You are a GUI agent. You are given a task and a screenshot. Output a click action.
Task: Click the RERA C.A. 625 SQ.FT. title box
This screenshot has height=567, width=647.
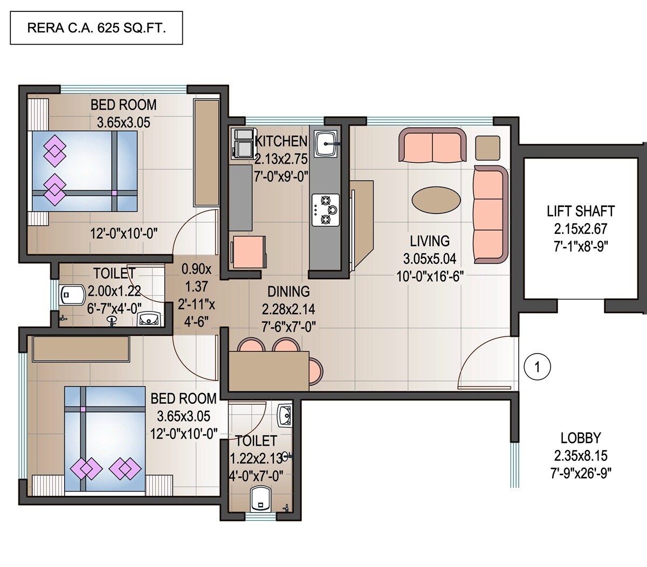coord(97,27)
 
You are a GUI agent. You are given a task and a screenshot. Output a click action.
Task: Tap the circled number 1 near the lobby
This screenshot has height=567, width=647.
coord(537,368)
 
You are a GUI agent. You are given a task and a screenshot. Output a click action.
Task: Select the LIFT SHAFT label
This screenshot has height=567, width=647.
coord(581,211)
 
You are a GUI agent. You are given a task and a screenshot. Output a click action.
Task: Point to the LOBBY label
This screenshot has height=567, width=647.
coord(581,438)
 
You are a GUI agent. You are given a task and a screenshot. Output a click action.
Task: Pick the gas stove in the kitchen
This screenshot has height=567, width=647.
coord(326,210)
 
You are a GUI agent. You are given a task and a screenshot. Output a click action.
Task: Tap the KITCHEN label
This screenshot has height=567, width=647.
coord(281,142)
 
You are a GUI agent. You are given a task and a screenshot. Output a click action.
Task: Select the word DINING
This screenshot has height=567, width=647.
coord(288,292)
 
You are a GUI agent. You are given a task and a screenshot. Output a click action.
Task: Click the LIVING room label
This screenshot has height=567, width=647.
coord(429,241)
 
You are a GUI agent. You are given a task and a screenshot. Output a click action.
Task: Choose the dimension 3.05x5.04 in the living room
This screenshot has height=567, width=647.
coord(429,259)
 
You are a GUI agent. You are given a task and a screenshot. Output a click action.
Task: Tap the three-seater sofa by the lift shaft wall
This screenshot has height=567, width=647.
coord(490,215)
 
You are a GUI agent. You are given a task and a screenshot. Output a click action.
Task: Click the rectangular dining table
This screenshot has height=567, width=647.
coord(269,370)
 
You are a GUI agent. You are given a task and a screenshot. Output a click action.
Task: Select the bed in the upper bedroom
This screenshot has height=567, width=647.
coord(84,171)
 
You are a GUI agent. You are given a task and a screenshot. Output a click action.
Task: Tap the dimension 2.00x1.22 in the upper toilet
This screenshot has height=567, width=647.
coord(114,292)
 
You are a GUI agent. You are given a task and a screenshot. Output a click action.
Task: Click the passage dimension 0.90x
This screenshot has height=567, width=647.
coord(196,268)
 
